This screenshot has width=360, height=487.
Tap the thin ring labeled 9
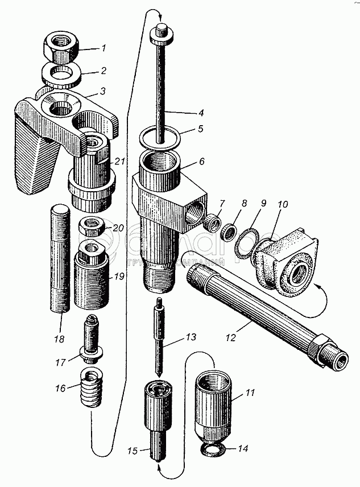246,240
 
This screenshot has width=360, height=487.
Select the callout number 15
132,452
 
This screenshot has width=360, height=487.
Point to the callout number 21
118,162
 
